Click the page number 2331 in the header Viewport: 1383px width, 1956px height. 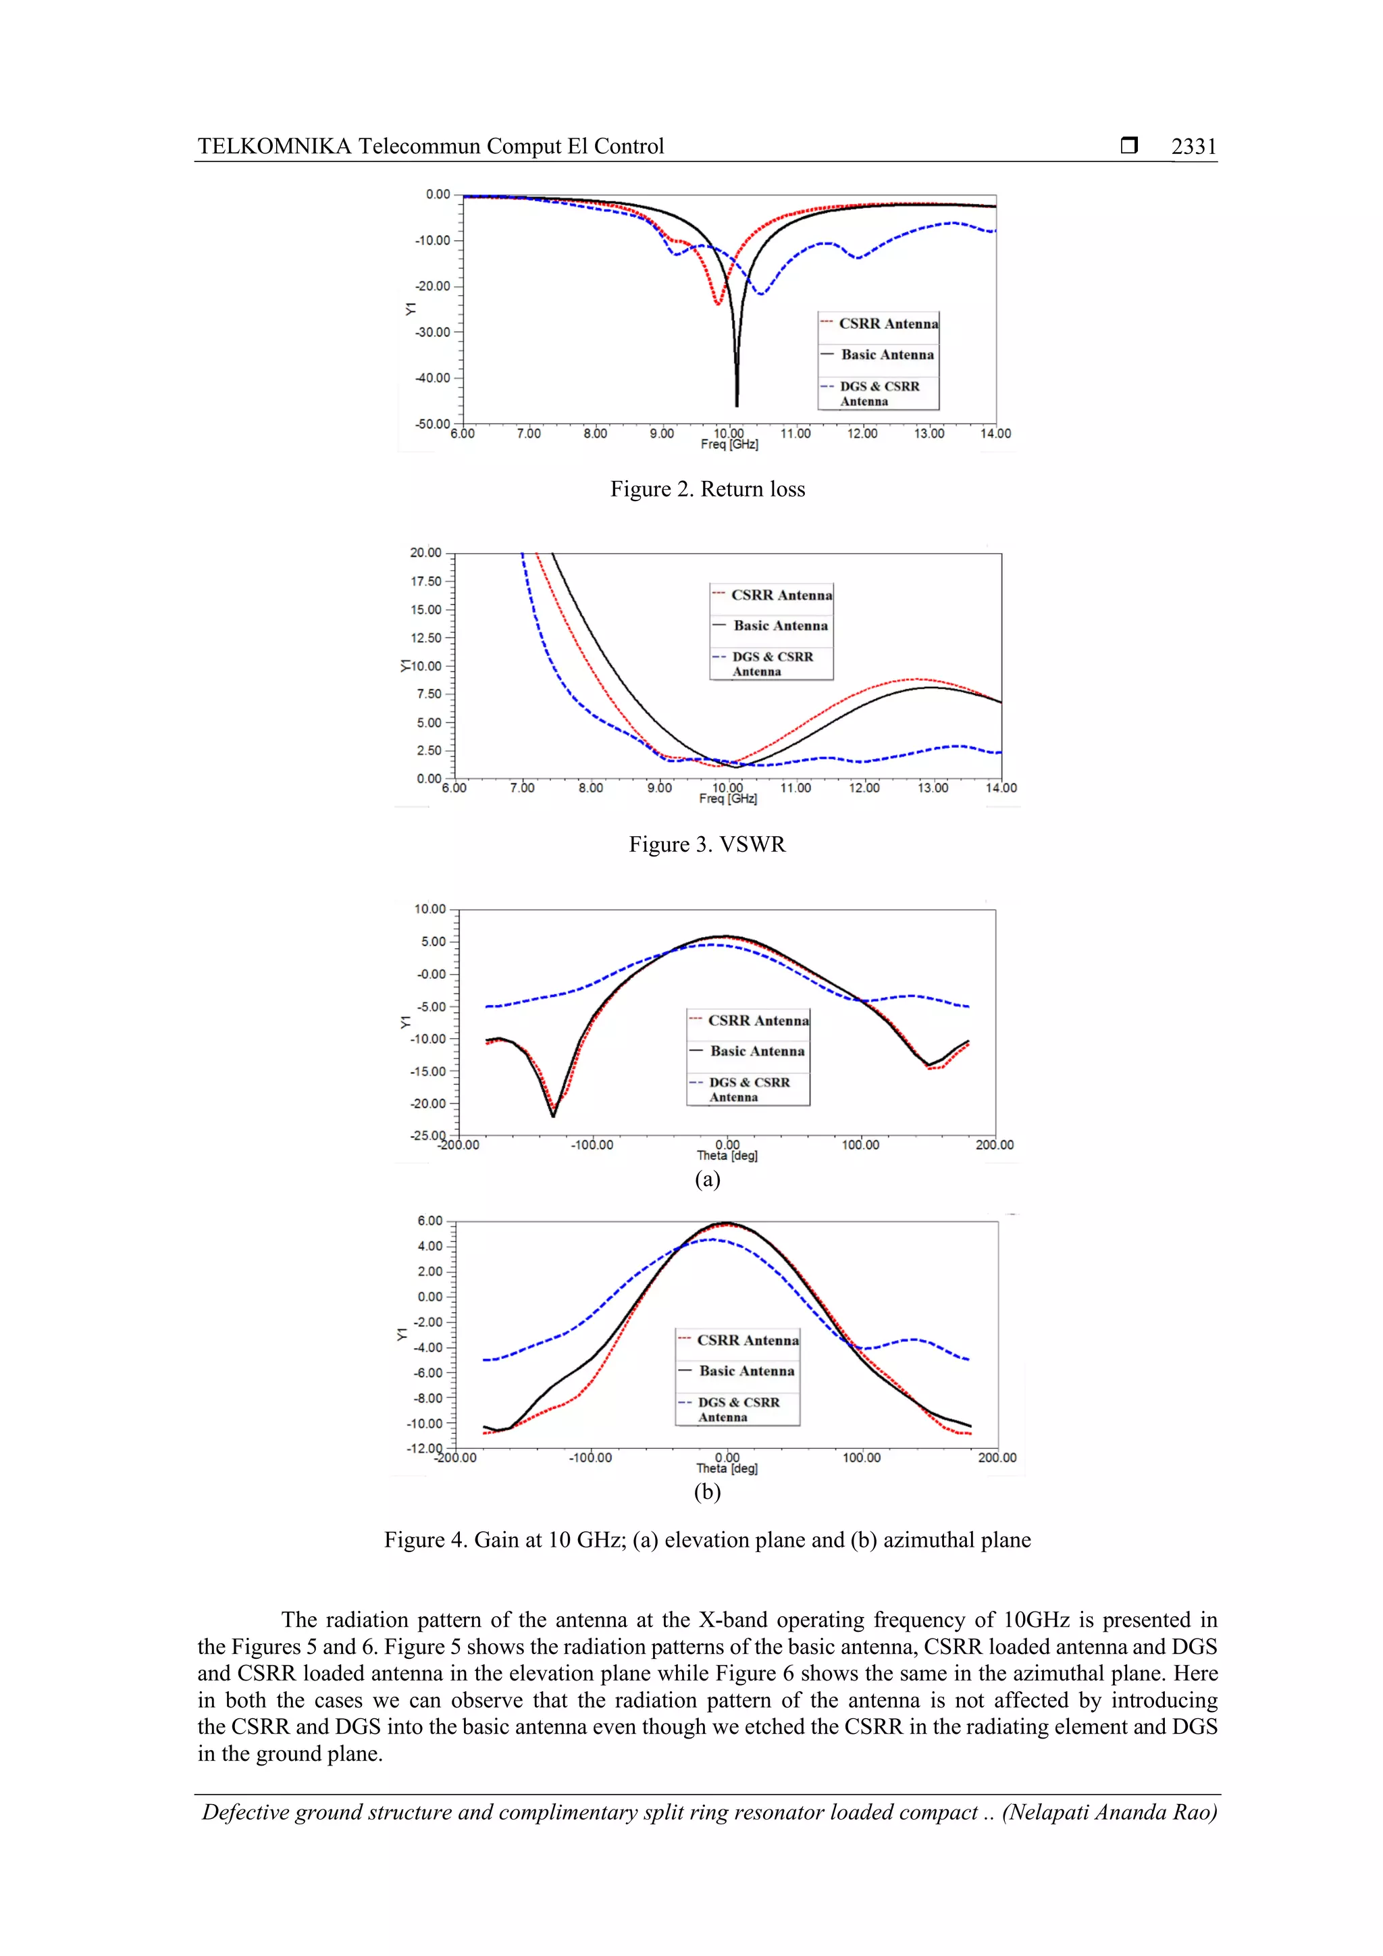(1193, 147)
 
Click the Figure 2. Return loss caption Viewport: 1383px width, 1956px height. (707, 489)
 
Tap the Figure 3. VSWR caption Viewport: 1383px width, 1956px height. (707, 844)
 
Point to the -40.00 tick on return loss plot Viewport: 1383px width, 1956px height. (433, 378)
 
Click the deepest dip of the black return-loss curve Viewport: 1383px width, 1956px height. (737, 405)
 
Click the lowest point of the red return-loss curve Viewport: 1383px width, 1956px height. (718, 303)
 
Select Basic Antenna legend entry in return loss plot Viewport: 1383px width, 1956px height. (887, 355)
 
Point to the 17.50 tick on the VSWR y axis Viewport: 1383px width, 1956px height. (426, 581)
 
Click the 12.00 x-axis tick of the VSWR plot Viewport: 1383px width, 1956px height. (864, 788)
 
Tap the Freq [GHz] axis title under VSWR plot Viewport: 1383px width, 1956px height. (728, 799)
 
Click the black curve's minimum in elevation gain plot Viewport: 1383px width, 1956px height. (552, 1115)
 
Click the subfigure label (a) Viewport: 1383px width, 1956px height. (707, 1179)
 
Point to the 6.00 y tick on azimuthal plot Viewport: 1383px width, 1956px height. (430, 1220)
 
